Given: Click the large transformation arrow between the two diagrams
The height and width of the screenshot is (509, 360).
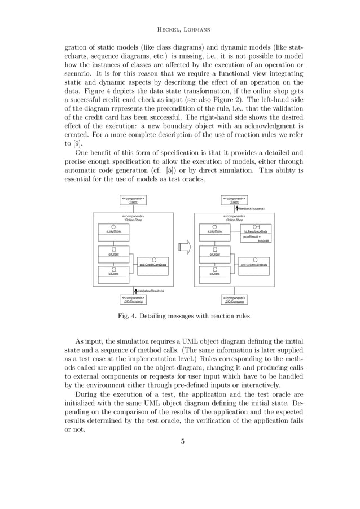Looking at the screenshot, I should [x=184, y=247].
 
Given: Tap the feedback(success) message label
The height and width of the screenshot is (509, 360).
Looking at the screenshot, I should [x=252, y=208].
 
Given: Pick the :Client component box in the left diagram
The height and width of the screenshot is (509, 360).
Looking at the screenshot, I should [x=133, y=200].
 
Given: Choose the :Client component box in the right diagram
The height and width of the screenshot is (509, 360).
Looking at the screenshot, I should [x=234, y=200].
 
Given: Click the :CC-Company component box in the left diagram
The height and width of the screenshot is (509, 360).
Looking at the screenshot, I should [x=133, y=300].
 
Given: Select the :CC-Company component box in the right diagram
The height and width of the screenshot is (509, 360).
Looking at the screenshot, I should [x=234, y=300].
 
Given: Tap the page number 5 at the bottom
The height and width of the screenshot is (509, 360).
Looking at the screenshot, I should [x=182, y=441].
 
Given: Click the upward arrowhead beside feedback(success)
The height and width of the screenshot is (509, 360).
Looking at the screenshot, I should [x=237, y=208].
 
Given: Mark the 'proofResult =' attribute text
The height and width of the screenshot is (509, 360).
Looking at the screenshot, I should [x=252, y=236].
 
